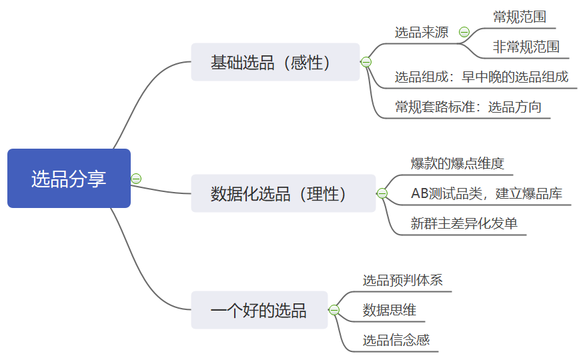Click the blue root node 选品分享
pyautogui.click(x=69, y=179)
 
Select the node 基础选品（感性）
pyautogui.click(x=275, y=63)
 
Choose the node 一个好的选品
pyautogui.click(x=259, y=310)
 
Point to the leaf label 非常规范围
pyautogui.click(x=526, y=47)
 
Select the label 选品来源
pyautogui.click(x=422, y=32)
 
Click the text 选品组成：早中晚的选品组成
pyautogui.click(x=482, y=77)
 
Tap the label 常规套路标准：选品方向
pyautogui.click(x=468, y=107)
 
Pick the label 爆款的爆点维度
pyautogui.click(x=458, y=163)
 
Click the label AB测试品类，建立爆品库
pyautogui.click(x=486, y=193)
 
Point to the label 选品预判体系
pyautogui.click(x=403, y=280)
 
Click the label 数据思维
pyautogui.click(x=390, y=310)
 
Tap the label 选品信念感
pyautogui.click(x=396, y=340)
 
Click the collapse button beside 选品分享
pyautogui.click(x=136, y=179)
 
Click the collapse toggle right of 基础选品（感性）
pyautogui.click(x=366, y=62)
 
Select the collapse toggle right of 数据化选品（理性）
pyautogui.click(x=382, y=193)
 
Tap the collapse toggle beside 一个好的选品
pyautogui.click(x=334, y=310)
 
